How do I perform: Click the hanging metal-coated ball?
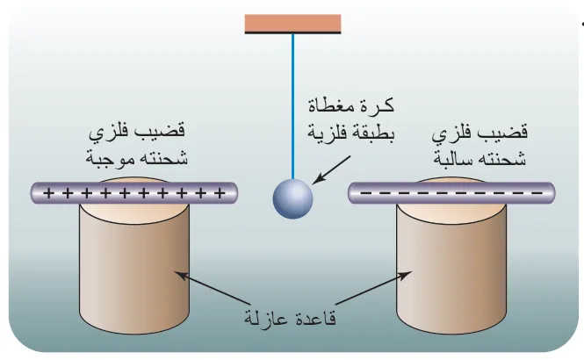[292, 198]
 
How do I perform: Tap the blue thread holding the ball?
[292, 106]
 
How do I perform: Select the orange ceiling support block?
[292, 24]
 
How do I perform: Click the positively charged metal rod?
[134, 193]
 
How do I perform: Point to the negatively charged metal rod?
[451, 193]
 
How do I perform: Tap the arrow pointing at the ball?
[331, 169]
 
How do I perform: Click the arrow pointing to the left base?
[212, 288]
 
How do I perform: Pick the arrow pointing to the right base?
[373, 288]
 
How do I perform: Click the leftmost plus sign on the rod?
[48, 193]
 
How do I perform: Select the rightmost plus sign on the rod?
[220, 193]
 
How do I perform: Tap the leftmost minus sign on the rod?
[365, 193]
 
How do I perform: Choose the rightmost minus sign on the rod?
[537, 193]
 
